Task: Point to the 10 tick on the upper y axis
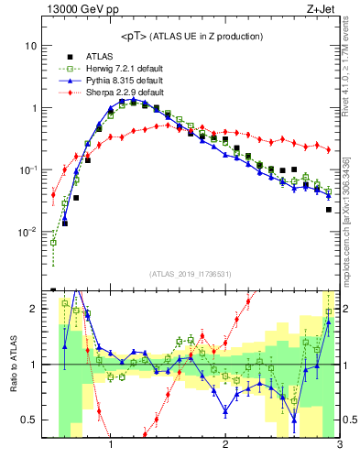click(31, 46)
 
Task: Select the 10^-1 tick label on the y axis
click(28, 170)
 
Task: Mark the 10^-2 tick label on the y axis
click(28, 233)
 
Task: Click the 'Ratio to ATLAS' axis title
click(13, 365)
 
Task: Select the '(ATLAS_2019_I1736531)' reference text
click(190, 275)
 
